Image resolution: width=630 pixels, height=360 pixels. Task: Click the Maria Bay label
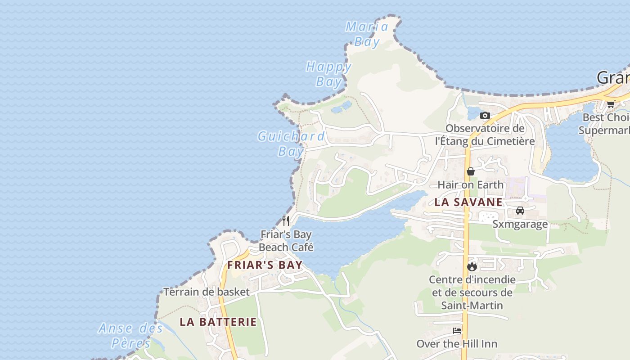pos(367,34)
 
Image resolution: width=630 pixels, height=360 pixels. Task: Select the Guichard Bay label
pos(291,143)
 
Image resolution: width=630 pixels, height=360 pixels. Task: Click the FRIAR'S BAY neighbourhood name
pos(265,265)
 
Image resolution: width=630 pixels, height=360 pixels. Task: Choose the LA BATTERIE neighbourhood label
pos(218,322)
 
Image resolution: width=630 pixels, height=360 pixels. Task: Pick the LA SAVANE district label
pos(468,202)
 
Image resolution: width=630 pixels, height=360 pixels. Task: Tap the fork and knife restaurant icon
pos(286,220)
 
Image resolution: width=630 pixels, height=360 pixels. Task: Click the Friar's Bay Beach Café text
pos(286,241)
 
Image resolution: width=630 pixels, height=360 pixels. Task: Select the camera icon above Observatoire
pos(485,116)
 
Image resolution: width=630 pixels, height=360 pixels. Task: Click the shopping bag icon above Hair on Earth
pos(471,171)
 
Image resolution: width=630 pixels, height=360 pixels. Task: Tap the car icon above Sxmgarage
pos(520,211)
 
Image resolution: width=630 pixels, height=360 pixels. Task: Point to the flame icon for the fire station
pos(472,266)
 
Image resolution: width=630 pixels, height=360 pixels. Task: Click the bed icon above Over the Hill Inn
pos(457,331)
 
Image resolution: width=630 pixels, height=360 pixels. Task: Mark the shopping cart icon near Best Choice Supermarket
pos(611,104)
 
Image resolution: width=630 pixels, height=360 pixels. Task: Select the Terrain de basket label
pos(206,292)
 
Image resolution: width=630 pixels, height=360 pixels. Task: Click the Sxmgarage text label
pos(520,224)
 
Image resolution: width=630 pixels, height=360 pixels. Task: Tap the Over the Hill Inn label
pos(457,344)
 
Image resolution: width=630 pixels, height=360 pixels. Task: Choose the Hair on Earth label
pos(470,184)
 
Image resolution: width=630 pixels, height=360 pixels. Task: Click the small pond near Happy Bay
pos(341,107)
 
